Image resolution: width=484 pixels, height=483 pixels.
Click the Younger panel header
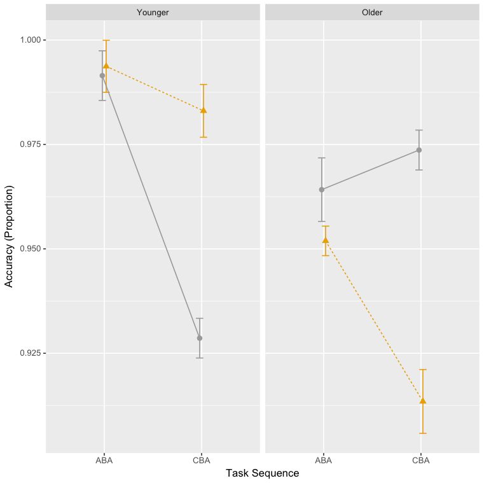coord(153,12)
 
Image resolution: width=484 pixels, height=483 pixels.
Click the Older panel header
coord(372,12)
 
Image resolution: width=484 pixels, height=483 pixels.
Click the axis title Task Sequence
coord(262,473)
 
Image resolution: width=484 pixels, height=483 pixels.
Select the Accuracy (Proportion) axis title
coord(10,236)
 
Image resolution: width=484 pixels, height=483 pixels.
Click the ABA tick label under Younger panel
coord(104,459)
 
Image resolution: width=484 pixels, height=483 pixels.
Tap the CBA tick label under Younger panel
coord(201,459)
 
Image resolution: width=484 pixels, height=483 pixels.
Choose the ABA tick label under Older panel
coord(324,459)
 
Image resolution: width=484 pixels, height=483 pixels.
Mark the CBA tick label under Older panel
coord(420,459)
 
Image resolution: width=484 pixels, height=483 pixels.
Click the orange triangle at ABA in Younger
coord(106,66)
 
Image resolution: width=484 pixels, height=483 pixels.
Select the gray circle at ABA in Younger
coord(102,76)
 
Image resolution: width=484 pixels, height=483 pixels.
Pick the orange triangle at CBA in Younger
coord(204,110)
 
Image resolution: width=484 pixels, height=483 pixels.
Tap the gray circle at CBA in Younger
coord(200,338)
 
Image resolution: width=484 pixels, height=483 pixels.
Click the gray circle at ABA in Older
coord(322,190)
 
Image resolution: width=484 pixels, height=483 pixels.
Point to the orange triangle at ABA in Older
coord(326,240)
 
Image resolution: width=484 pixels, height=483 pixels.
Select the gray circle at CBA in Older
coord(419,150)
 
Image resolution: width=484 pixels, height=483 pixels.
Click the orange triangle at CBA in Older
coord(423,400)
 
